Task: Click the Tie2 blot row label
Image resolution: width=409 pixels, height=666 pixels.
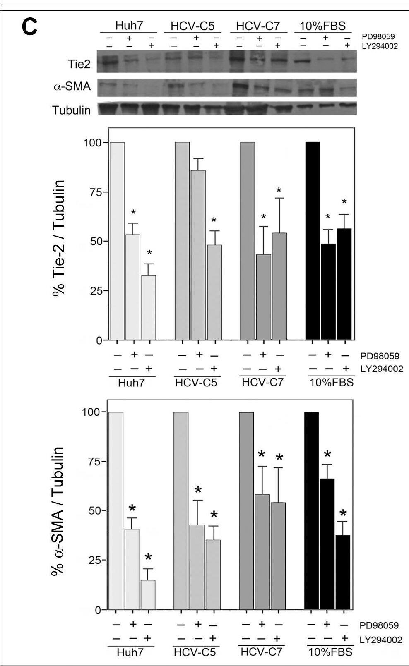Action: pos(79,64)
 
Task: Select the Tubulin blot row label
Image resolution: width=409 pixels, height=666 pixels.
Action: pos(71,110)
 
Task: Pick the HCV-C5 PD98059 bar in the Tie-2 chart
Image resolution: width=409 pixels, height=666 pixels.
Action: pos(198,255)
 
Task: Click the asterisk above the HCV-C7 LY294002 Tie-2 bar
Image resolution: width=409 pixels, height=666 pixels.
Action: pos(279,191)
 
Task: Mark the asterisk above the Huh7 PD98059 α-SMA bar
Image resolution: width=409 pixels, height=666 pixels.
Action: pos(132,509)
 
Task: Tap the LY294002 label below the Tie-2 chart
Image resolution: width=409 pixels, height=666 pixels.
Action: pos(381,369)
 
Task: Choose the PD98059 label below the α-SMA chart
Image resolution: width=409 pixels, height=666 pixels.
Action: pos(380,625)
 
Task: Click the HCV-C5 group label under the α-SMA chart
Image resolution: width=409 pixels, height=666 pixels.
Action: pos(195,652)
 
